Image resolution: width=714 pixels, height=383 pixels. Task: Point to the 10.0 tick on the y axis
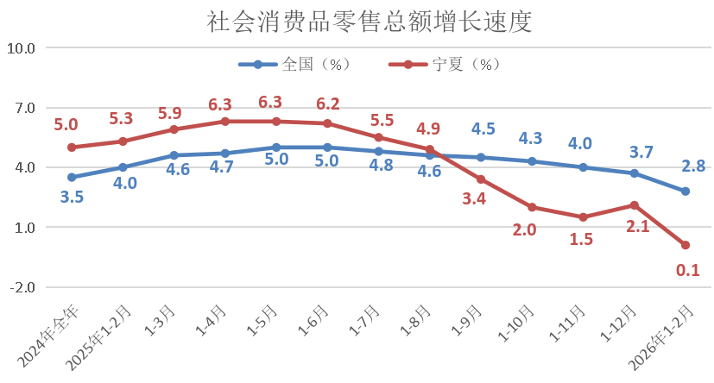(20, 48)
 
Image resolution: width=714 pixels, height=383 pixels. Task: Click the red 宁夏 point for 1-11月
(584, 217)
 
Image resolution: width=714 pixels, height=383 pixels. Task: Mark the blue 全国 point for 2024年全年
(72, 178)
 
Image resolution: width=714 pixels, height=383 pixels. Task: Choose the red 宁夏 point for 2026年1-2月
(686, 245)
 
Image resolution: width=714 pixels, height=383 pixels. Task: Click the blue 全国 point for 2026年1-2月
(686, 191)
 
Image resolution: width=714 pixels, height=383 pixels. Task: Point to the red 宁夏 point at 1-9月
(481, 179)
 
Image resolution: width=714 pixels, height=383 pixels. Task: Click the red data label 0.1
(687, 270)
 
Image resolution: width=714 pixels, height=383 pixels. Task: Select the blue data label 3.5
(72, 198)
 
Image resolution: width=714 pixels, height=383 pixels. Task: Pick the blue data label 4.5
(483, 129)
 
